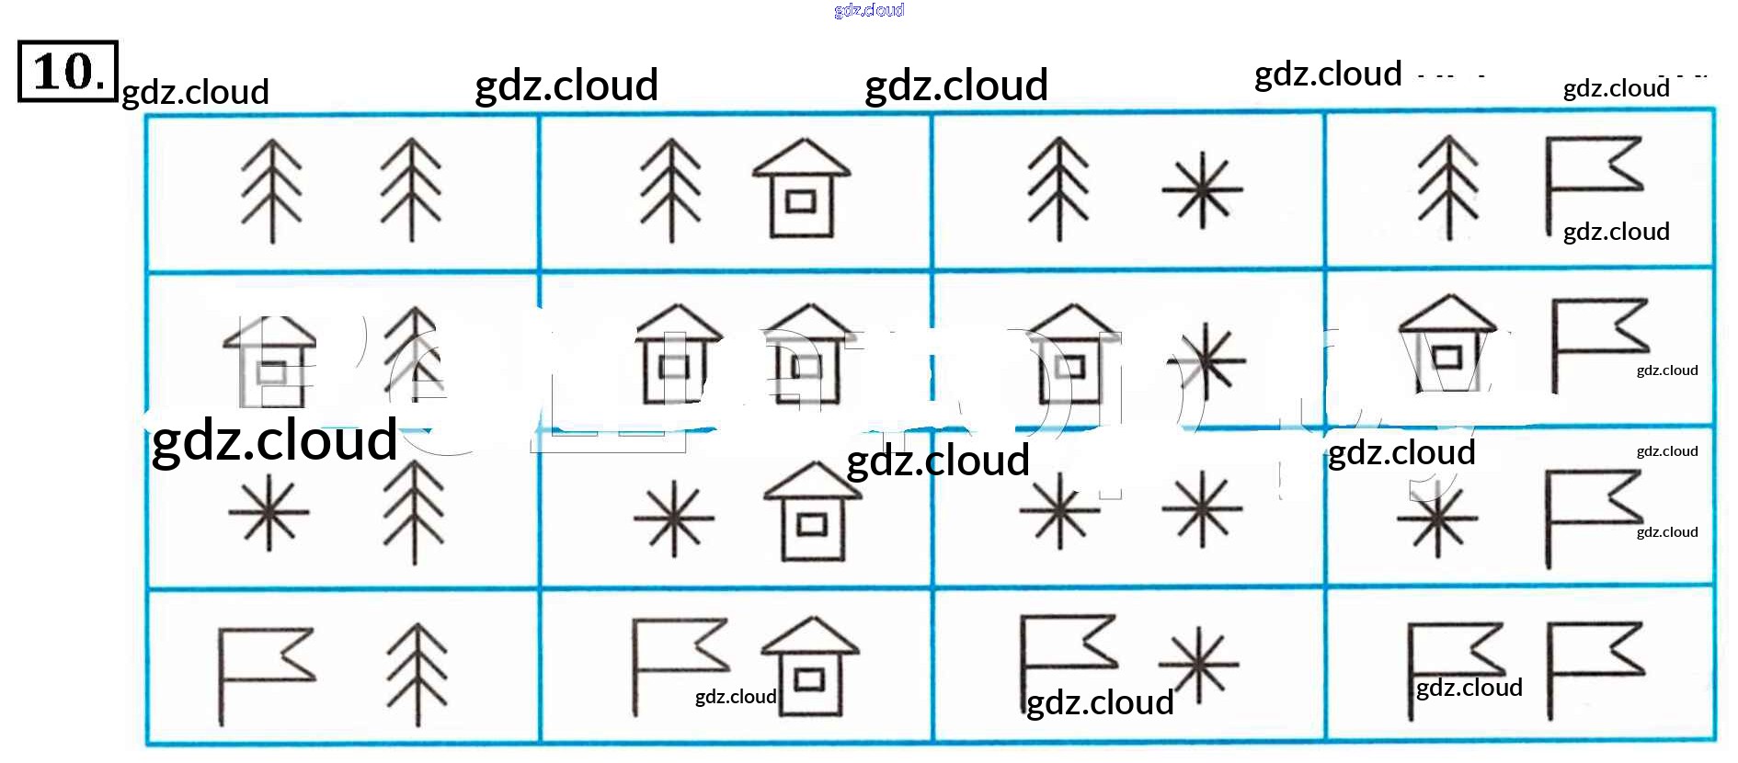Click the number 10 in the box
66,71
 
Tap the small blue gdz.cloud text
869,10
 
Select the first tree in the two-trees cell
271,191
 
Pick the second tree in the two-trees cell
411,191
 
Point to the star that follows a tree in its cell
1202,190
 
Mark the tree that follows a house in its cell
414,354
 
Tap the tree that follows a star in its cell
414,511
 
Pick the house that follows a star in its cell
811,512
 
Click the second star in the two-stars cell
1202,510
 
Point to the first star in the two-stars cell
1059,511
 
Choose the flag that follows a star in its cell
1591,515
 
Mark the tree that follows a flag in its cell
417,675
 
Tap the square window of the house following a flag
809,680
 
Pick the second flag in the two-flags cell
1593,666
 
